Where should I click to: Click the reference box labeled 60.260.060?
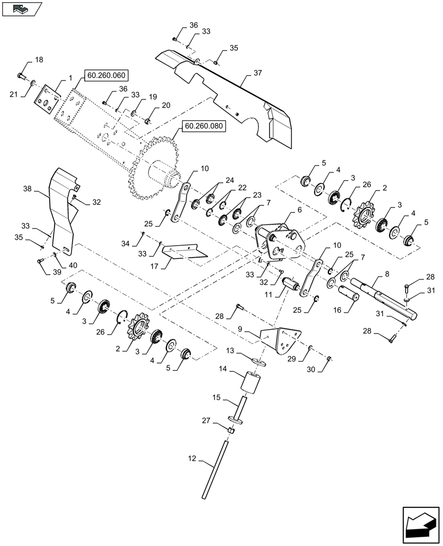(x=105, y=76)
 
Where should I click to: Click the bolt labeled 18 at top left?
(x=21, y=75)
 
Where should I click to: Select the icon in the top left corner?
(x=21, y=8)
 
